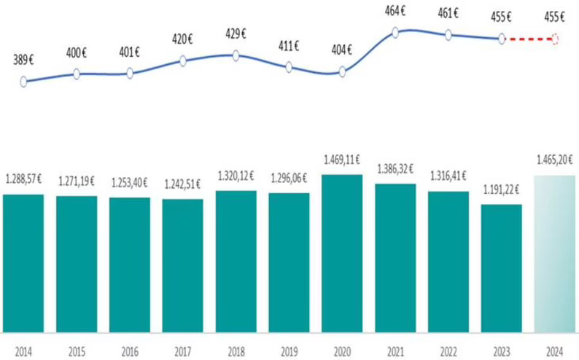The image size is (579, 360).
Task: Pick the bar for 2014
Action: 23,262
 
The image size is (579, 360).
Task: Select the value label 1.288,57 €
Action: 23,178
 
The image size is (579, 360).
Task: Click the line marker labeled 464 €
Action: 395,32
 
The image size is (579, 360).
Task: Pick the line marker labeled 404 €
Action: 342,71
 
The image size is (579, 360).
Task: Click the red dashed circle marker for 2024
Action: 556,39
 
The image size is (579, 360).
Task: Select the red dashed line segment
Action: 529,39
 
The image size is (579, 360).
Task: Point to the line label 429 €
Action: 236,34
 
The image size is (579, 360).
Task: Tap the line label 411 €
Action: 289,47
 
